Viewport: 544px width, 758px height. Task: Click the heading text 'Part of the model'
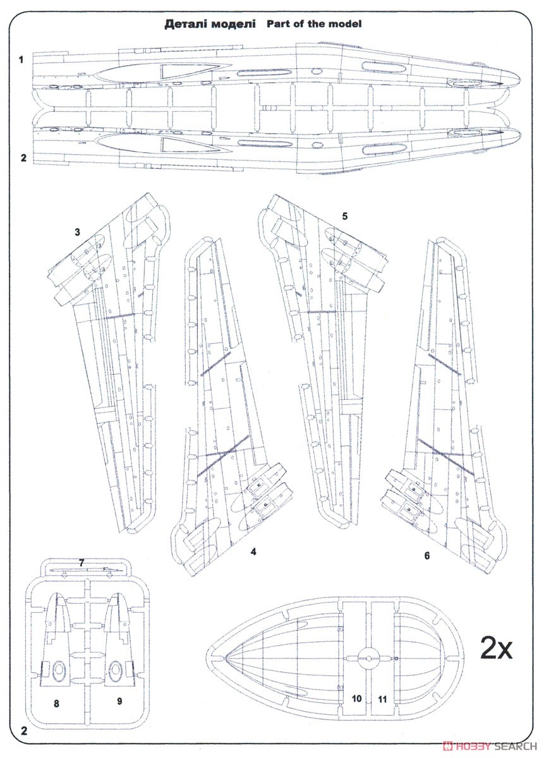pos(313,24)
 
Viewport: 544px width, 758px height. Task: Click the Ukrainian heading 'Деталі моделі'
pos(210,24)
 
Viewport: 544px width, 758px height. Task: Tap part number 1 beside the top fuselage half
pos(21,59)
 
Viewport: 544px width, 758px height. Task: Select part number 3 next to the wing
pos(77,232)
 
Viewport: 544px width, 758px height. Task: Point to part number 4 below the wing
pos(253,551)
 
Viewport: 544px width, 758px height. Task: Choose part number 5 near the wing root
pos(345,215)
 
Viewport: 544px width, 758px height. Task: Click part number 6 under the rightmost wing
pos(427,556)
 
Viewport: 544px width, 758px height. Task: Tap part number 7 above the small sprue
pos(81,561)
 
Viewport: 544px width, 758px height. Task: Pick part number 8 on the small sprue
pos(56,702)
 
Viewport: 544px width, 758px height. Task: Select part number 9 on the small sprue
pos(119,701)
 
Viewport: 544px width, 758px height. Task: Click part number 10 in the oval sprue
pos(357,699)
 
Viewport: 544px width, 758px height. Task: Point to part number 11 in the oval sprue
pos(381,699)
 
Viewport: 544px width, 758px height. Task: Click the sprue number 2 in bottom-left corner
pos(23,732)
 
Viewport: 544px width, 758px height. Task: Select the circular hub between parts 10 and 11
pos(367,658)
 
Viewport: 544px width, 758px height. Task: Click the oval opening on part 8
pos(59,670)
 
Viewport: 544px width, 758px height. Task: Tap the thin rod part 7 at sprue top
pos(82,570)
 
